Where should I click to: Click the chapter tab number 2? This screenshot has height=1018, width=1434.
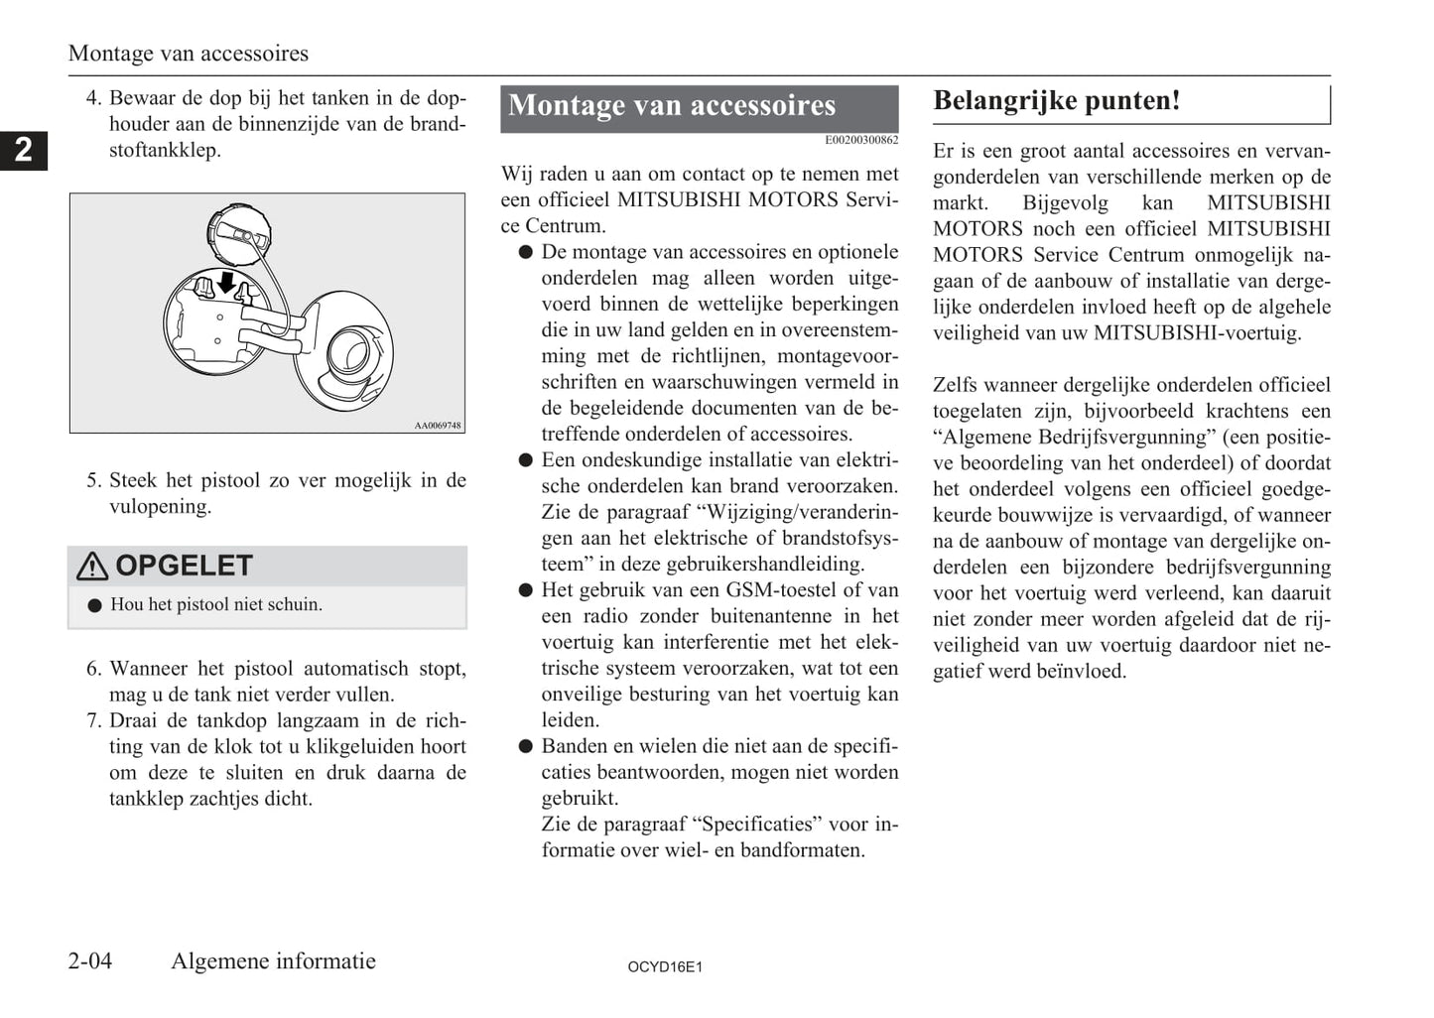click(x=23, y=150)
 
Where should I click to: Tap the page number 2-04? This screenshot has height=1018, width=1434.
click(x=90, y=960)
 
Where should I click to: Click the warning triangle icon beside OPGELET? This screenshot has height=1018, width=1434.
click(x=92, y=566)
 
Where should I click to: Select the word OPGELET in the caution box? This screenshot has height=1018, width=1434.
click(x=185, y=566)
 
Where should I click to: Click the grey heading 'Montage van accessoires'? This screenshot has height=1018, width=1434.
click(x=672, y=106)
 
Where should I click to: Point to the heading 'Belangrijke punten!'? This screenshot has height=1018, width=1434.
click(x=1057, y=101)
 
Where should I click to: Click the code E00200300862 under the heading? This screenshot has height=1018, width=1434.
click(x=861, y=140)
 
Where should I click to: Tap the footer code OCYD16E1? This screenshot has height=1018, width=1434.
click(x=665, y=966)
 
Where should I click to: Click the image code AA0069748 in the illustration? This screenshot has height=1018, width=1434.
click(x=438, y=426)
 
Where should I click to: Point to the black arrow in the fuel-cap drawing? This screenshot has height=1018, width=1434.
click(x=226, y=283)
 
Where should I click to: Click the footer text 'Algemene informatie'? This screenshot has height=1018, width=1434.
click(x=273, y=960)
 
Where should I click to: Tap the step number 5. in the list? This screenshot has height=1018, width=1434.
click(x=94, y=481)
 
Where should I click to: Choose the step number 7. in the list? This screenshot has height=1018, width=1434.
click(x=94, y=721)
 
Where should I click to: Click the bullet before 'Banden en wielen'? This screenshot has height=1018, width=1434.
click(x=526, y=746)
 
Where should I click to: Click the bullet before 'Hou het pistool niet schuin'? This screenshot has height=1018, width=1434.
click(x=95, y=605)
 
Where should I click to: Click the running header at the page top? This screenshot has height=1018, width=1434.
click(x=189, y=54)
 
